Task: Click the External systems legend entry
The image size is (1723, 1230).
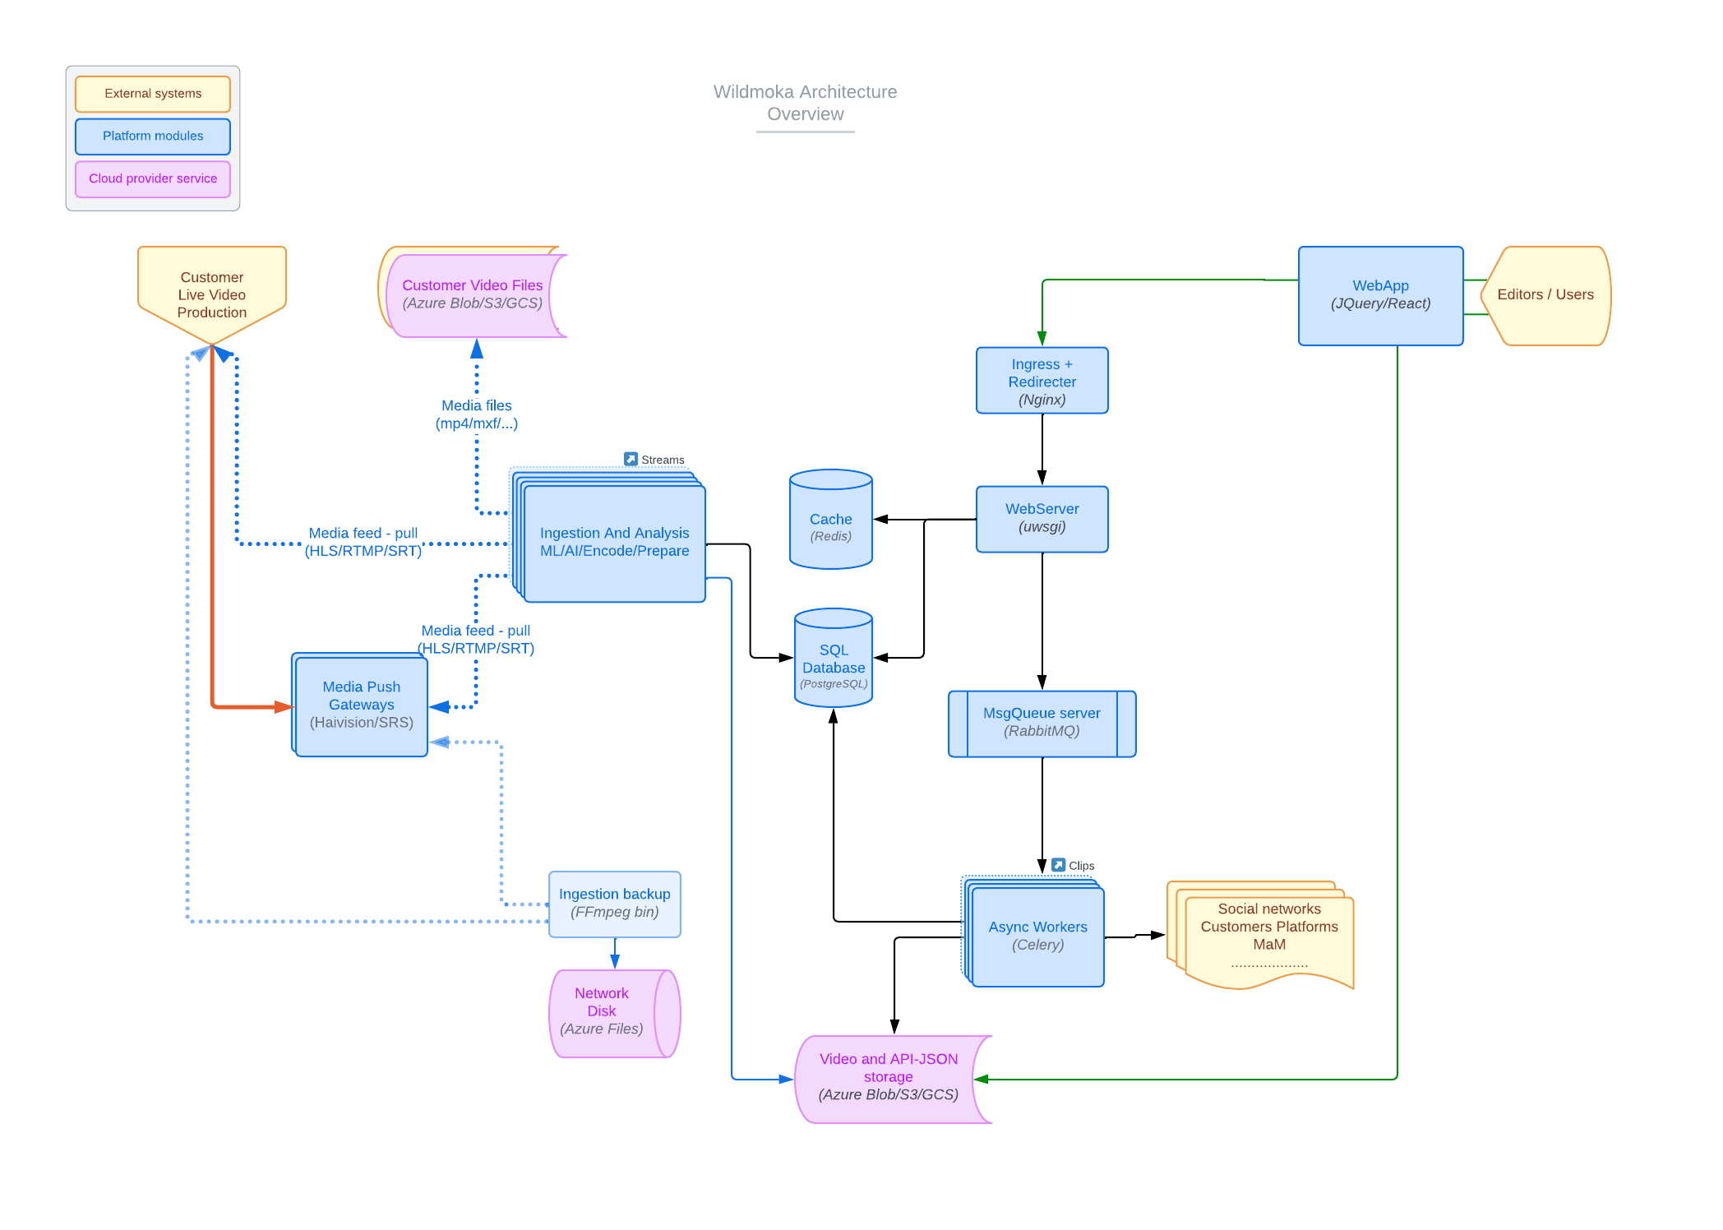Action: point(153,94)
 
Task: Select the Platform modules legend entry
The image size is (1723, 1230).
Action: point(153,136)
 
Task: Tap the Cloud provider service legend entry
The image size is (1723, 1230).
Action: point(153,179)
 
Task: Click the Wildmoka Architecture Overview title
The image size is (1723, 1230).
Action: point(805,104)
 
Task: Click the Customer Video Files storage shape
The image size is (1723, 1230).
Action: point(472,294)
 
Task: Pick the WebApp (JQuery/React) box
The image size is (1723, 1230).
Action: point(1380,295)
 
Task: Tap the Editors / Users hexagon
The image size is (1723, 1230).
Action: point(1545,295)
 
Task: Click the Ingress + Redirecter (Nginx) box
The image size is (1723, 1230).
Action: point(1042,381)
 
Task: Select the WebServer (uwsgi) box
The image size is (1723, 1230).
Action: point(1042,519)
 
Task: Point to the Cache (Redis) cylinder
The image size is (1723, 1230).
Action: point(830,526)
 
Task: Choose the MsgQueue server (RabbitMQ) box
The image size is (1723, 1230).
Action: point(1042,723)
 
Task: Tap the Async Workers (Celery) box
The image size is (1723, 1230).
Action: point(1037,936)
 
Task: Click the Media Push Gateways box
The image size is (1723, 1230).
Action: point(361,705)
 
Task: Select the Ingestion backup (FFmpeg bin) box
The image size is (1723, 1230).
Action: point(614,904)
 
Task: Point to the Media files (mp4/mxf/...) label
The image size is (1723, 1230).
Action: point(476,414)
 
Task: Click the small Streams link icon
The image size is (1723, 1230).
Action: point(631,459)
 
